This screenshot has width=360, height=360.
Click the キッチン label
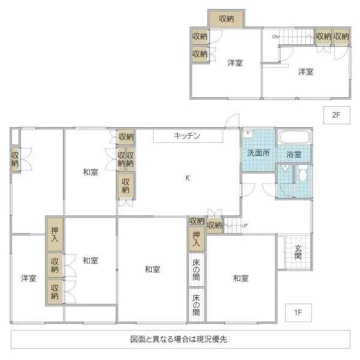tap(187, 136)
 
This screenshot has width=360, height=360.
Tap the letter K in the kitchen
tap(187, 178)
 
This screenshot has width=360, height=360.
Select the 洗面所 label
tap(259, 153)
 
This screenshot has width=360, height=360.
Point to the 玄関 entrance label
tap(298, 252)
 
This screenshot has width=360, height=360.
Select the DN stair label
tap(275, 37)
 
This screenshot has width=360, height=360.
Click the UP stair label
tap(244, 226)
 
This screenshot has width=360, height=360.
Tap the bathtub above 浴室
tap(295, 137)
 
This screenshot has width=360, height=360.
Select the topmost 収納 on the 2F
tap(226, 19)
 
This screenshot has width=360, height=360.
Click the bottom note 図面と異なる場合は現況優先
tap(178, 339)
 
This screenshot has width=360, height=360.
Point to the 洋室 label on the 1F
tap(28, 278)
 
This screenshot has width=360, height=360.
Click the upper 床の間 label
tap(196, 270)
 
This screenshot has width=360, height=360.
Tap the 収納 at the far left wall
tap(15, 160)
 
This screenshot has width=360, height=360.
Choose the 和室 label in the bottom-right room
tap(241, 278)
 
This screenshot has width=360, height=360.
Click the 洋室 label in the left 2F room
tap(235, 64)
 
